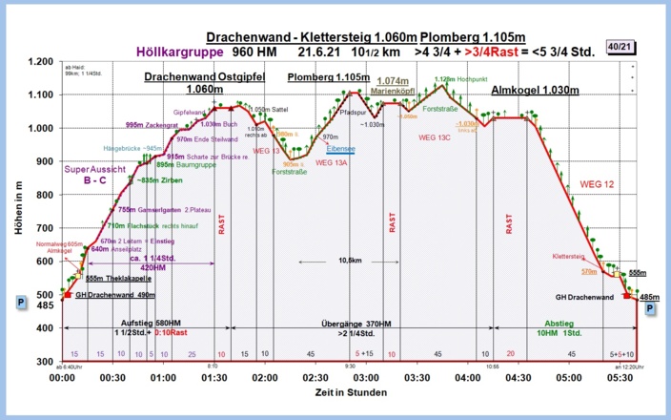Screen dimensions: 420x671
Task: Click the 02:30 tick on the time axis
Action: coord(315,378)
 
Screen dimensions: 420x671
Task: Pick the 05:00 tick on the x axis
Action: coord(569,378)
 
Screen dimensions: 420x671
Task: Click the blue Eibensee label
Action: coord(341,149)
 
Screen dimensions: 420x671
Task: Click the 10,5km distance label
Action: coord(350,260)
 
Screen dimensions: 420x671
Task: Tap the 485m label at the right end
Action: coord(650,298)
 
